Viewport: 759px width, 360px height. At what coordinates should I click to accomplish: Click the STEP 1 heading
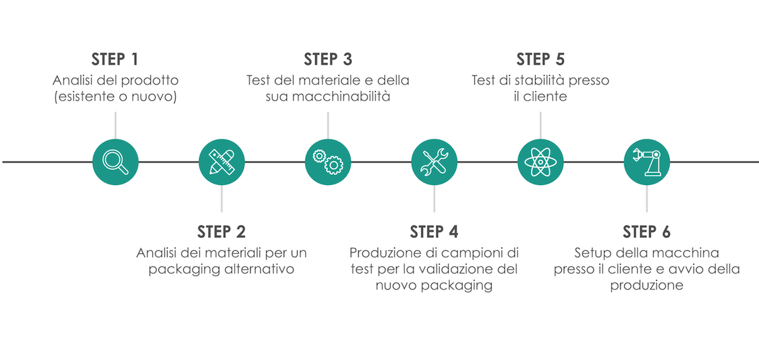(x=115, y=59)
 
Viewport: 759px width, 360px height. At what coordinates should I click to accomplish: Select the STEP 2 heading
(x=221, y=232)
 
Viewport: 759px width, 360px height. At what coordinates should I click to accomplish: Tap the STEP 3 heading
(x=328, y=59)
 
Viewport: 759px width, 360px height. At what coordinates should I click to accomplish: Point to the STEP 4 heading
(x=434, y=232)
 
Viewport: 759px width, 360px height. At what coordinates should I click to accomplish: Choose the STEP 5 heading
(x=540, y=59)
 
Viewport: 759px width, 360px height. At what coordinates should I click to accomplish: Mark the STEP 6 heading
(x=646, y=232)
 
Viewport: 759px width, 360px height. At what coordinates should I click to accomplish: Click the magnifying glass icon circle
(x=115, y=162)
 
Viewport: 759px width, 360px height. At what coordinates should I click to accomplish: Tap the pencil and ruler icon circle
(x=222, y=162)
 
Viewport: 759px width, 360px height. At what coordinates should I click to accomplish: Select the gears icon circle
(x=328, y=162)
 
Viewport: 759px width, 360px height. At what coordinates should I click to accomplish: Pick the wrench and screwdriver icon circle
(x=434, y=162)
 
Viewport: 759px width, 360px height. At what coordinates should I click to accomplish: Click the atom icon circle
(x=540, y=162)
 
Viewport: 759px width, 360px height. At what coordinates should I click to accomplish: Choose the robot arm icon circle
(x=646, y=162)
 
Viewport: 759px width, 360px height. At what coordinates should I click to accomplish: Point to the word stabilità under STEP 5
(x=538, y=80)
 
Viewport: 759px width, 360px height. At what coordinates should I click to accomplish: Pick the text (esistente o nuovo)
(x=115, y=97)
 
